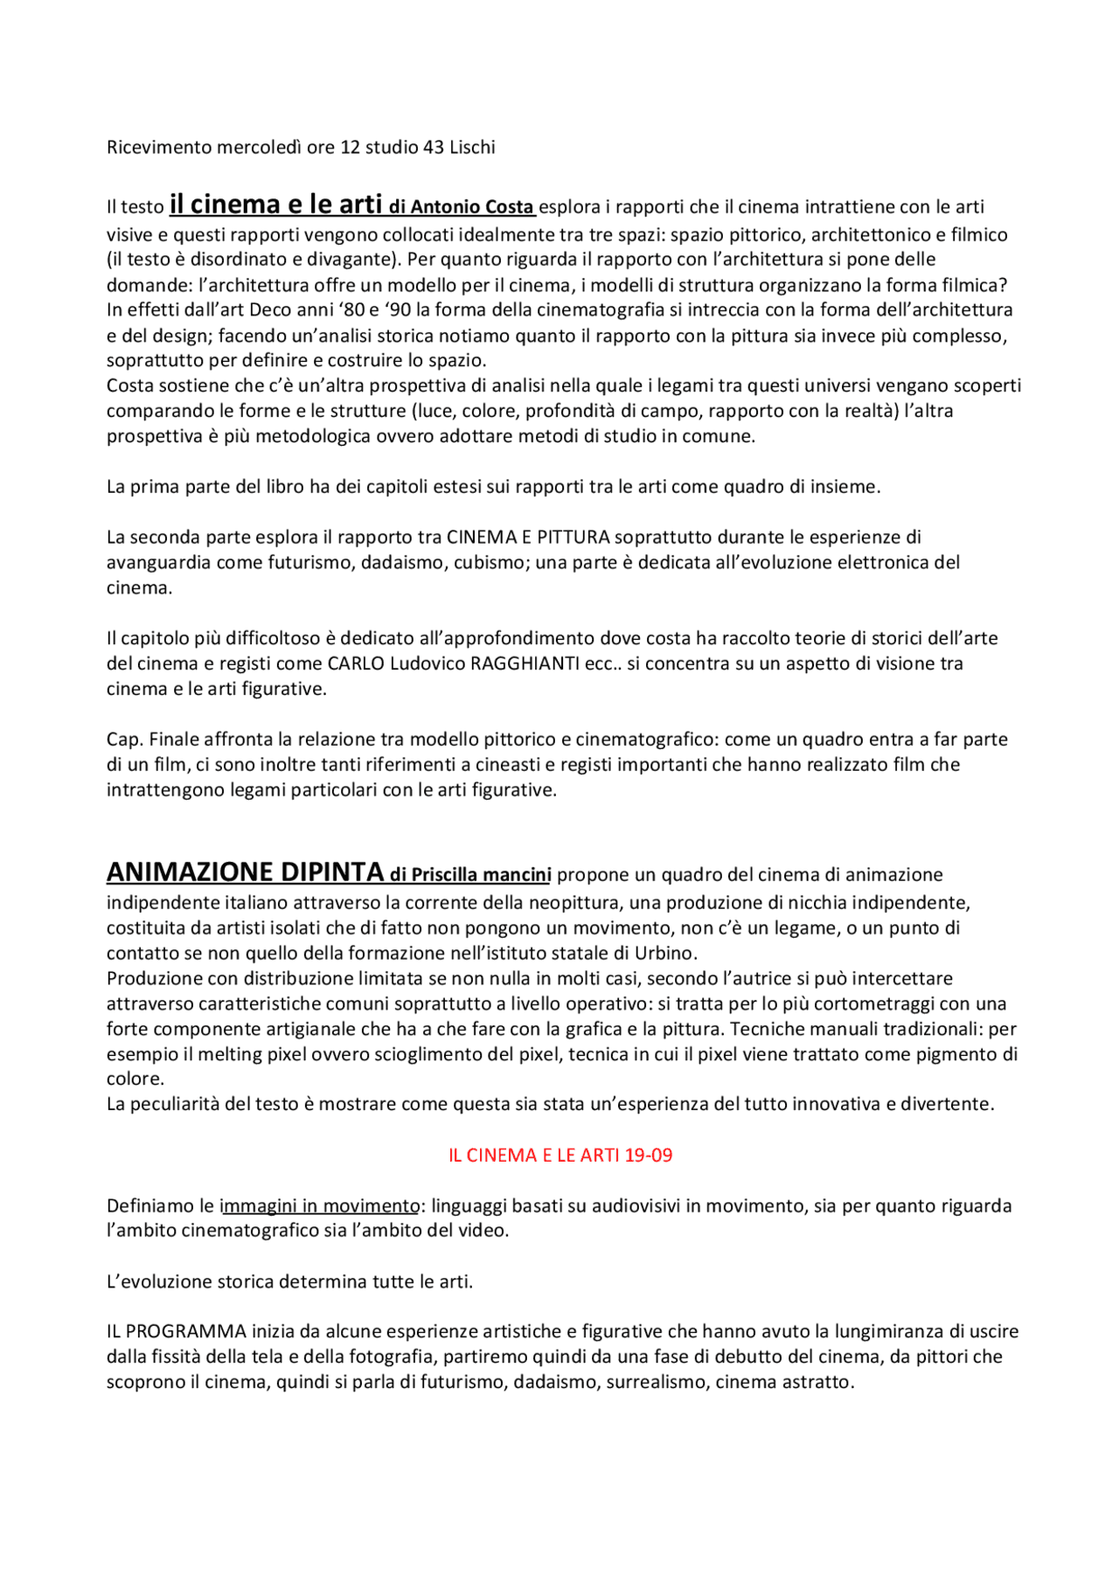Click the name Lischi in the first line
click(472, 147)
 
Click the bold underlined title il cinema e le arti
click(275, 205)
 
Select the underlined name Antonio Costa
click(472, 207)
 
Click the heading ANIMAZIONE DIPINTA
click(245, 871)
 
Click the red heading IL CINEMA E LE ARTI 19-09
click(560, 1155)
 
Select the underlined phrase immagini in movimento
click(320, 1205)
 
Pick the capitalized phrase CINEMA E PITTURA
click(528, 537)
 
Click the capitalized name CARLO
click(356, 663)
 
